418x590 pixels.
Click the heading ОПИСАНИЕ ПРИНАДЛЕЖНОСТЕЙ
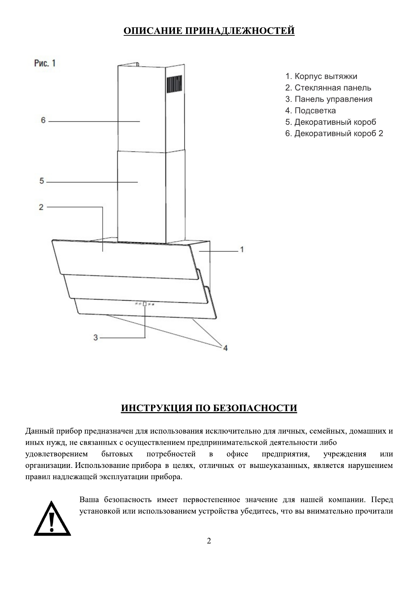209,31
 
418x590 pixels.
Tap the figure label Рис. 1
45,63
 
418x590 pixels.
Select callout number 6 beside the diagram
43,120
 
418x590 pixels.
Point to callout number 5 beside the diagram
42,181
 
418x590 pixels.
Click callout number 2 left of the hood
41,207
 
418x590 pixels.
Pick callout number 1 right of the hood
242,249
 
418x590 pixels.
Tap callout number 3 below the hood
95,337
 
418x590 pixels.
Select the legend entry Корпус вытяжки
321,76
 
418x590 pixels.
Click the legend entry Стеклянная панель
328,88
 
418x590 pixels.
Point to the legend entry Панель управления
329,99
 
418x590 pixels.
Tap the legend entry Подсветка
311,111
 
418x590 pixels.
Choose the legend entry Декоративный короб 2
334,134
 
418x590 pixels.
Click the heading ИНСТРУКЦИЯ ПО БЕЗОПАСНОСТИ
209,408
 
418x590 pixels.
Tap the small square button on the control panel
144,304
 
